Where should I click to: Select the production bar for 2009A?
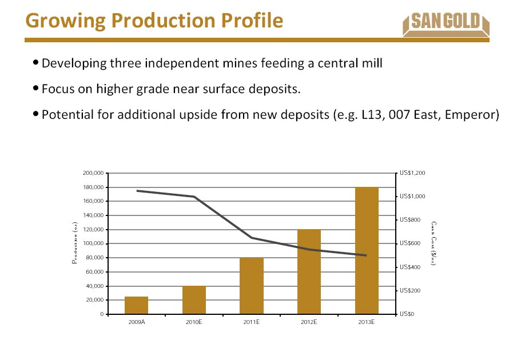click(136, 305)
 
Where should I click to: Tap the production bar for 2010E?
click(194, 300)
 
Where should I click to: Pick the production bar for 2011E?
click(252, 286)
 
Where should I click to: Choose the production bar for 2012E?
click(309, 271)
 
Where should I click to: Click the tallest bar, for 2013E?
click(367, 250)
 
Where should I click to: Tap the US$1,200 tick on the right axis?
click(412, 173)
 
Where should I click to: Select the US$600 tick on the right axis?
click(411, 243)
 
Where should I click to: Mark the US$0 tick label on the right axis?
click(407, 314)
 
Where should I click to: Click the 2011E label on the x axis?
click(252, 323)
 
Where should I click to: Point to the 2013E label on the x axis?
click(367, 323)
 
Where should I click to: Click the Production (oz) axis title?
click(74, 243)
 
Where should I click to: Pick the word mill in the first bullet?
click(372, 63)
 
